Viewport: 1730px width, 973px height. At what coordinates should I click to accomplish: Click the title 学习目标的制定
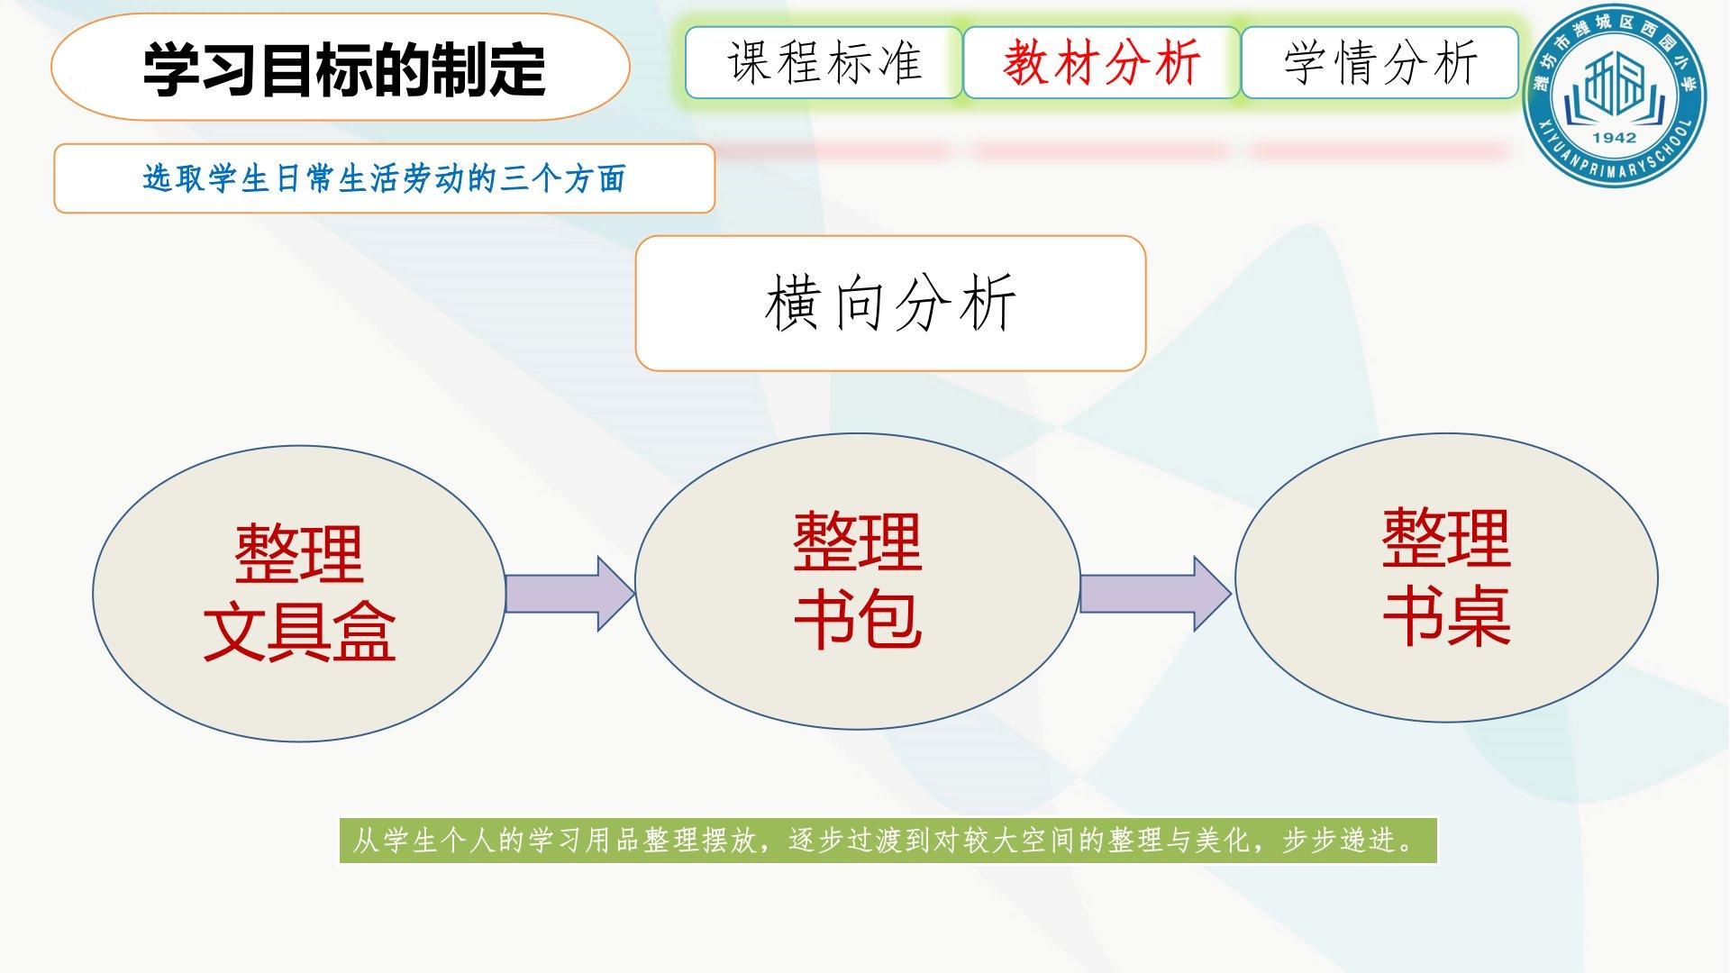point(344,68)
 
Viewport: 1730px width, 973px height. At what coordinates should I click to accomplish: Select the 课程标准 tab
point(824,62)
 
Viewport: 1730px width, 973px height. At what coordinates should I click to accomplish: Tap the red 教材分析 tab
point(1101,62)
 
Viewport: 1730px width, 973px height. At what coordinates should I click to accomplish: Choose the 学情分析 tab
point(1379,62)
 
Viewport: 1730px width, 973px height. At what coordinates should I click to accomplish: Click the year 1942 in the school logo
point(1614,138)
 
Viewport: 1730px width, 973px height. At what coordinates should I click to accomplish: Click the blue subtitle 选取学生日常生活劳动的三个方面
point(384,178)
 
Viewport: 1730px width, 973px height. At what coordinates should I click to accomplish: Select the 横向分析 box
point(890,303)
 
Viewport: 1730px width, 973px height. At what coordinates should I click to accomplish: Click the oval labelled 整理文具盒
point(299,593)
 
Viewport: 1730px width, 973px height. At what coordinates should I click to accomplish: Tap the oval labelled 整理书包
point(857,581)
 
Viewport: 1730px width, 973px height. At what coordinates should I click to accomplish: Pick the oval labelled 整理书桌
point(1446,577)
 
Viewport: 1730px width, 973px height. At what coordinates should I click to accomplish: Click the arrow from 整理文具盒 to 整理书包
point(570,594)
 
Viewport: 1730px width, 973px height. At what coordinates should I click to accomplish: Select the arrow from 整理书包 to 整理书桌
point(1156,594)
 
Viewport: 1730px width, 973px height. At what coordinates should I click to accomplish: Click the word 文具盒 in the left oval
point(299,632)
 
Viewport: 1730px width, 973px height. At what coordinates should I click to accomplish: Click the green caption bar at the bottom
point(888,841)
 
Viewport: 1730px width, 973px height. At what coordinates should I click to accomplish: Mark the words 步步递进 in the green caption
point(1339,841)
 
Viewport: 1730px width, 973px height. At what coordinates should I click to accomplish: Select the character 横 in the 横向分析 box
point(793,303)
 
